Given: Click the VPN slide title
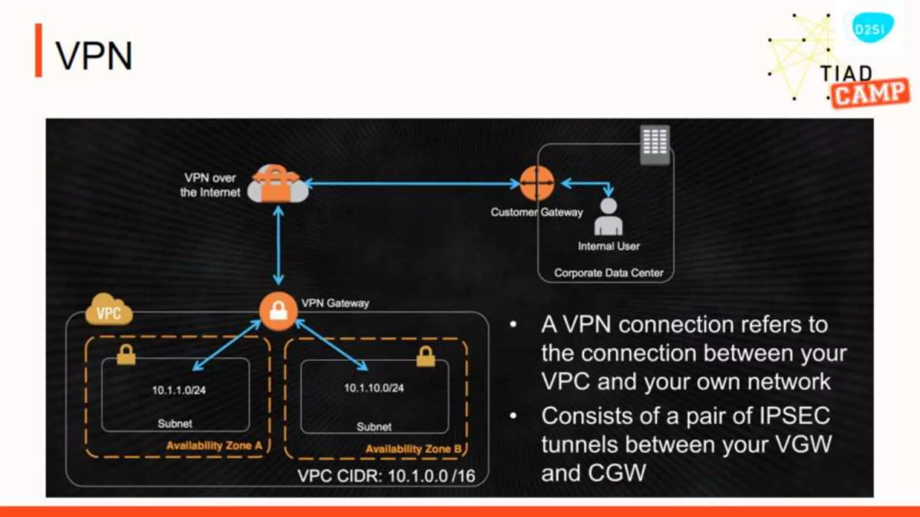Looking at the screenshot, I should point(94,56).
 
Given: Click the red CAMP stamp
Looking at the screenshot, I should point(870,93).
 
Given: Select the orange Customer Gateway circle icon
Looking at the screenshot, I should point(536,183).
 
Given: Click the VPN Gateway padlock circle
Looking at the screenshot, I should point(278,311).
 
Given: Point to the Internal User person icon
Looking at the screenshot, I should point(608,217).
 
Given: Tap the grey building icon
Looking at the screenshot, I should point(655,144).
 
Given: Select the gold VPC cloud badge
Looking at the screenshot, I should point(109,311).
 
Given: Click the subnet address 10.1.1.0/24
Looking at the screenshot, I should point(179,390).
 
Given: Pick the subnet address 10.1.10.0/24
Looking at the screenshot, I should point(374,388).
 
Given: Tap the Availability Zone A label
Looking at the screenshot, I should point(214,446).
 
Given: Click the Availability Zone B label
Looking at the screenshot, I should point(413,449).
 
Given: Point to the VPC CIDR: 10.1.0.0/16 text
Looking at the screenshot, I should point(386,476).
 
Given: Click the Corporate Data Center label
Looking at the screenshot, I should point(608,273).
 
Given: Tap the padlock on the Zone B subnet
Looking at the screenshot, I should point(425,357).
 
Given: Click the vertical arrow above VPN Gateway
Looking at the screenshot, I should point(279,245).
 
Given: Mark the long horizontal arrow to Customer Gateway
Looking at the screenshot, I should point(411,183).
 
